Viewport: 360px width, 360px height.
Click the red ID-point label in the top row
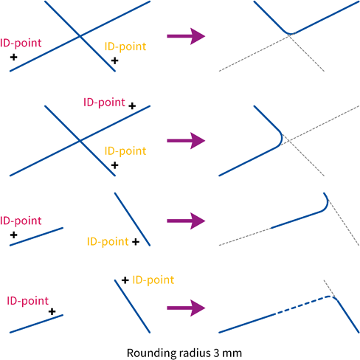pos(21,44)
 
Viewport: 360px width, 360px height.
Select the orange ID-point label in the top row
pos(125,46)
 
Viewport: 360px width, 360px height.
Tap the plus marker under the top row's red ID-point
pos(14,58)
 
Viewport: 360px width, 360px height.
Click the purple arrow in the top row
pos(186,36)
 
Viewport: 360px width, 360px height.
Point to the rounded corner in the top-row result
pos(290,33)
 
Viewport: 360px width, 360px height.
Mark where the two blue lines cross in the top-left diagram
pos(80,36)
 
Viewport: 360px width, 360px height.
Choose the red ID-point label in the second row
pos(104,103)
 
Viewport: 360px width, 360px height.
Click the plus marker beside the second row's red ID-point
pos(132,106)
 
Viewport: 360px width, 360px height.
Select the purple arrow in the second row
pos(186,141)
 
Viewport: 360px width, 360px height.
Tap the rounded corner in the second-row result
pos(282,139)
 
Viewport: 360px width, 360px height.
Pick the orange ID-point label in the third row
pos(108,242)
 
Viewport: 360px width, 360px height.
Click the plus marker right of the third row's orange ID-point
pos(136,242)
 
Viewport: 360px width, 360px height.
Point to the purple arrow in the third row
pos(186,221)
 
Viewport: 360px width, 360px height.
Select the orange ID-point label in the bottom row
pos(153,280)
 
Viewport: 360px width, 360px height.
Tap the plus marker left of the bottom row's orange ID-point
pos(125,280)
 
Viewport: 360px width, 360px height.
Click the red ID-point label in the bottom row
pos(27,301)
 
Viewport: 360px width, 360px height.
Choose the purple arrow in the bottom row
pos(186,308)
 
